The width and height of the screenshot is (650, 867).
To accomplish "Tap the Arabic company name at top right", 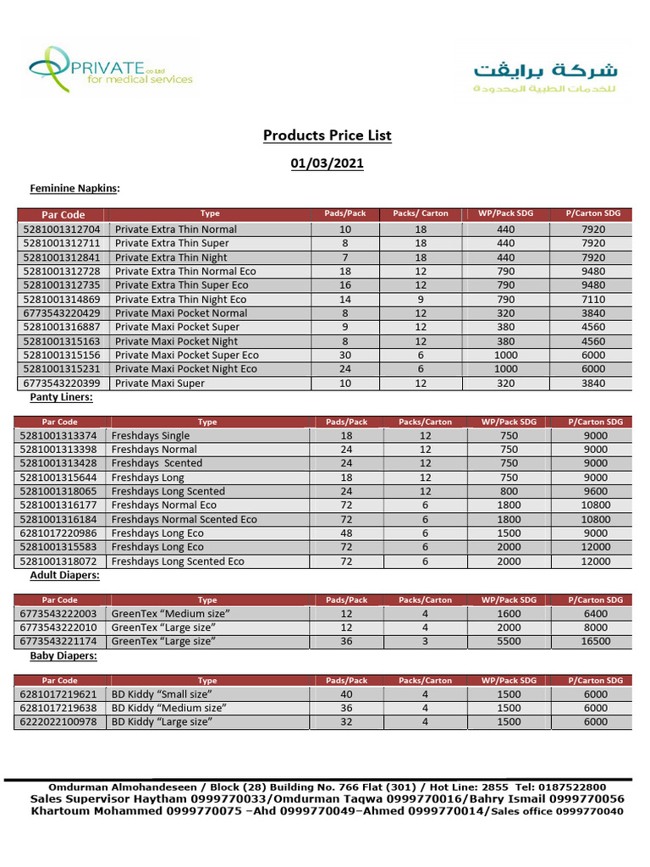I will pyautogui.click(x=545, y=75).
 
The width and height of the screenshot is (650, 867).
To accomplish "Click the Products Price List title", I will pyautogui.click(x=327, y=135).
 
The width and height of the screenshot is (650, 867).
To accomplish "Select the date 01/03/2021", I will pyautogui.click(x=327, y=163).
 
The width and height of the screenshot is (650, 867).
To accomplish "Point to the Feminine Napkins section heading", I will pyautogui.click(x=74, y=188).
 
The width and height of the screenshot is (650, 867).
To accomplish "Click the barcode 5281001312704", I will pyautogui.click(x=62, y=229).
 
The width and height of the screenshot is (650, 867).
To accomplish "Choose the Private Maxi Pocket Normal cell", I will pyautogui.click(x=181, y=313).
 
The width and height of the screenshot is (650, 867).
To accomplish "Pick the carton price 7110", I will pyautogui.click(x=593, y=300).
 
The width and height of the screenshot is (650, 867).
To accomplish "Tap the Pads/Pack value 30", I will pyautogui.click(x=344, y=356).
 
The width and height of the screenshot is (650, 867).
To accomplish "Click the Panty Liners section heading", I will pyautogui.click(x=61, y=397).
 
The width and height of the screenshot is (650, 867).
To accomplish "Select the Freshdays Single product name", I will pyautogui.click(x=151, y=436).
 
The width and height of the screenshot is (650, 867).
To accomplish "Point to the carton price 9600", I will pyautogui.click(x=596, y=492).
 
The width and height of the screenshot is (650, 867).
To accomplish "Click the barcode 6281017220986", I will pyautogui.click(x=60, y=533).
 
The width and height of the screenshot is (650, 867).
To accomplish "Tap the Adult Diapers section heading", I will pyautogui.click(x=64, y=576).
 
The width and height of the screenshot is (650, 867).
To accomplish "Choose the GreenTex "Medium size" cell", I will pyautogui.click(x=171, y=614).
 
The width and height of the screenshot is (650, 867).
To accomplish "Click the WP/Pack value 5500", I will pyautogui.click(x=509, y=642).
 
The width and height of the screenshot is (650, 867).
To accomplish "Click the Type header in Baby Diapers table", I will pyautogui.click(x=207, y=681).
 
